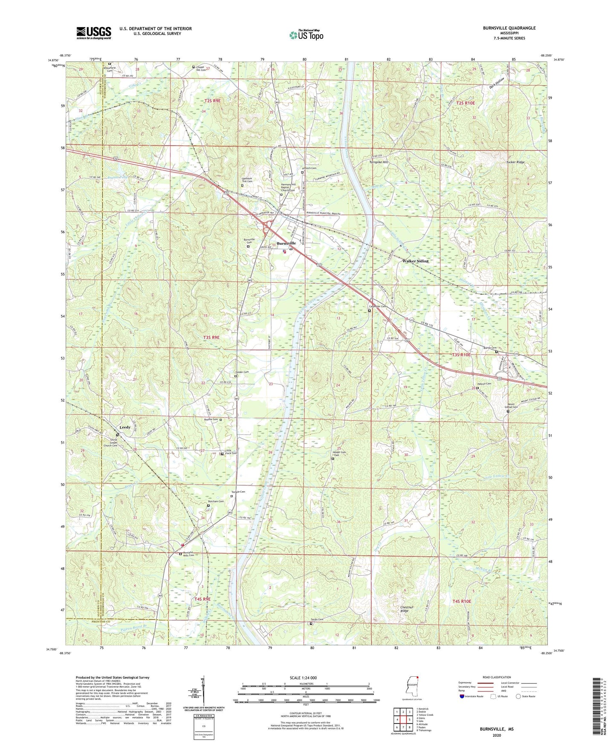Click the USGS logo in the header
click(x=94, y=33)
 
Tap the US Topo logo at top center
click(x=306, y=35)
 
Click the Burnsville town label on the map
click(x=286, y=243)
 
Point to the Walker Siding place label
click(x=415, y=261)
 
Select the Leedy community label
click(x=125, y=427)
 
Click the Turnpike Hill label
click(x=379, y=162)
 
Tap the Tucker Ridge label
click(x=515, y=162)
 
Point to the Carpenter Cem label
click(x=377, y=306)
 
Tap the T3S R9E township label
click(x=211, y=337)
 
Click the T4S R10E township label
click(x=462, y=601)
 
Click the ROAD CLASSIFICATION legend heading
click(x=497, y=677)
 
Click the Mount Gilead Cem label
click(x=512, y=406)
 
